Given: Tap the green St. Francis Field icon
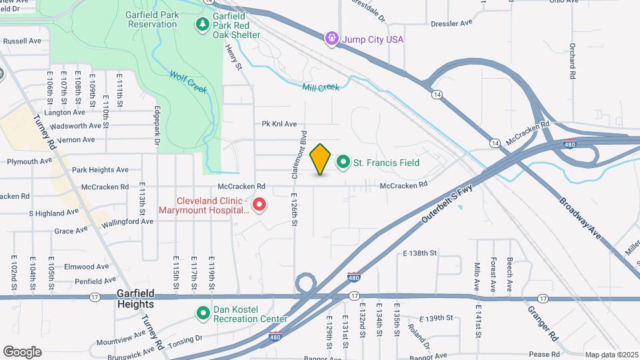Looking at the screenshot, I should (344, 162).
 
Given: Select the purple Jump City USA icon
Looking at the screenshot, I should (332, 39).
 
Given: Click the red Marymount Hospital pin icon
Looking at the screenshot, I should (259, 205).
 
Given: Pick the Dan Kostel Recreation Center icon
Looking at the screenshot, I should (203, 313).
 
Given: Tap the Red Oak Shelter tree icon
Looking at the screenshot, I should (202, 25).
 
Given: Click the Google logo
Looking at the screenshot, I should (23, 352).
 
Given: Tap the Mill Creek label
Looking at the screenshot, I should (321, 87).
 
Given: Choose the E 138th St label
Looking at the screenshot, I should (419, 253).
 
